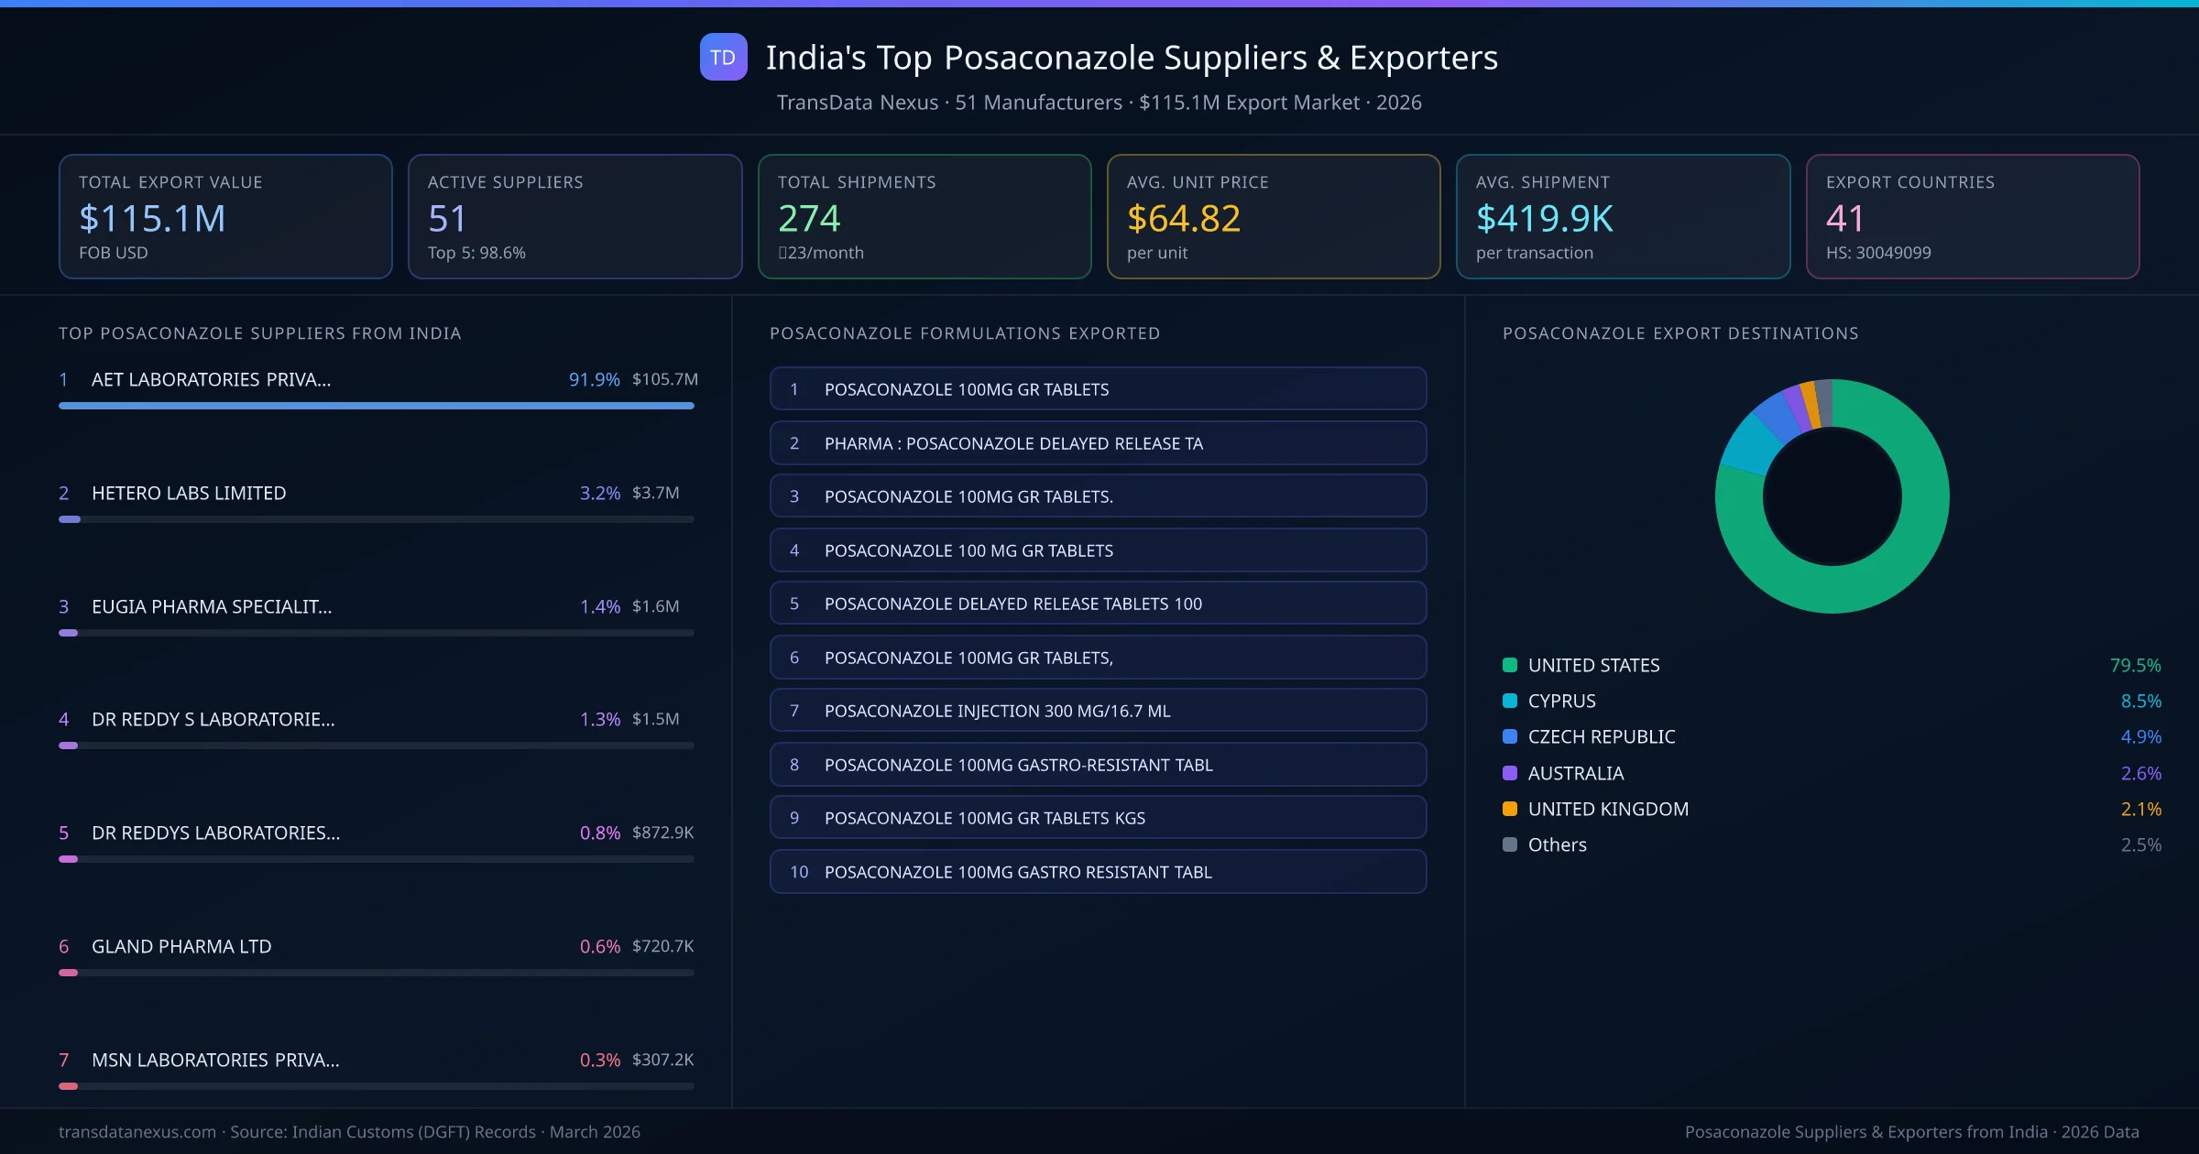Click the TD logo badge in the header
click(x=723, y=58)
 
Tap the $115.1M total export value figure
click(x=152, y=219)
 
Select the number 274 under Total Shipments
click(x=808, y=219)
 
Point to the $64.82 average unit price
click(x=1183, y=219)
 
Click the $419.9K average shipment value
click(x=1544, y=219)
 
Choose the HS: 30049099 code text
click(x=1877, y=253)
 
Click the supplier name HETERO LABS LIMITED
click(x=189, y=493)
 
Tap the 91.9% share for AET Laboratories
click(x=594, y=379)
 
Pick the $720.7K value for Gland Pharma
click(x=662, y=946)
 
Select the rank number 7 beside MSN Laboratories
click(x=64, y=1060)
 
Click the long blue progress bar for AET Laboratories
click(x=376, y=406)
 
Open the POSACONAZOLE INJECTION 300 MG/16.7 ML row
click(x=1098, y=711)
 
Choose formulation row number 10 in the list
click(x=1098, y=872)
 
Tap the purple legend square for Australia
click(x=1510, y=773)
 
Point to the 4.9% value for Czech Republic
click(x=2140, y=737)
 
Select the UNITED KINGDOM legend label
click(x=1608, y=810)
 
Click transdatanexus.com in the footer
click(x=137, y=1132)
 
